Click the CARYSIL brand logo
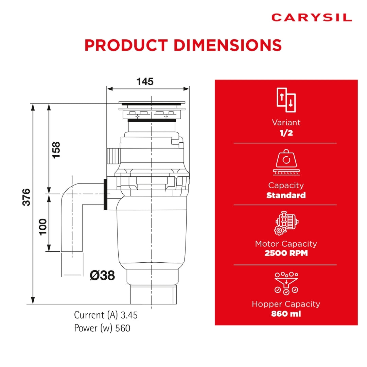pos(312,18)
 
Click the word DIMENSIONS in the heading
pos(228,45)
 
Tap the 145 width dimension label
pos(145,82)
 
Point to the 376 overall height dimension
pos(27,197)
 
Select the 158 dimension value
pos(56,150)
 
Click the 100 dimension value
pos(43,227)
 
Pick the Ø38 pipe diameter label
pos(102,275)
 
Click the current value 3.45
pos(129,315)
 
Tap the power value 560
pos(123,328)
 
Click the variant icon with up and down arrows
pos(286,100)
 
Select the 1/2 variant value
pos(286,133)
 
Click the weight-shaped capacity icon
pos(286,162)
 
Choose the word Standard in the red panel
pos(286,195)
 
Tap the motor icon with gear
pos(286,223)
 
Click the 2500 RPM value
pos(286,253)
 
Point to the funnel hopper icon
pos(286,283)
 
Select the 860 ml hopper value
pos(286,314)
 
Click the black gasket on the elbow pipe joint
pos(106,194)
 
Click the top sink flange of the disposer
pos(152,103)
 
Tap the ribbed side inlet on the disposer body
pos(114,156)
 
